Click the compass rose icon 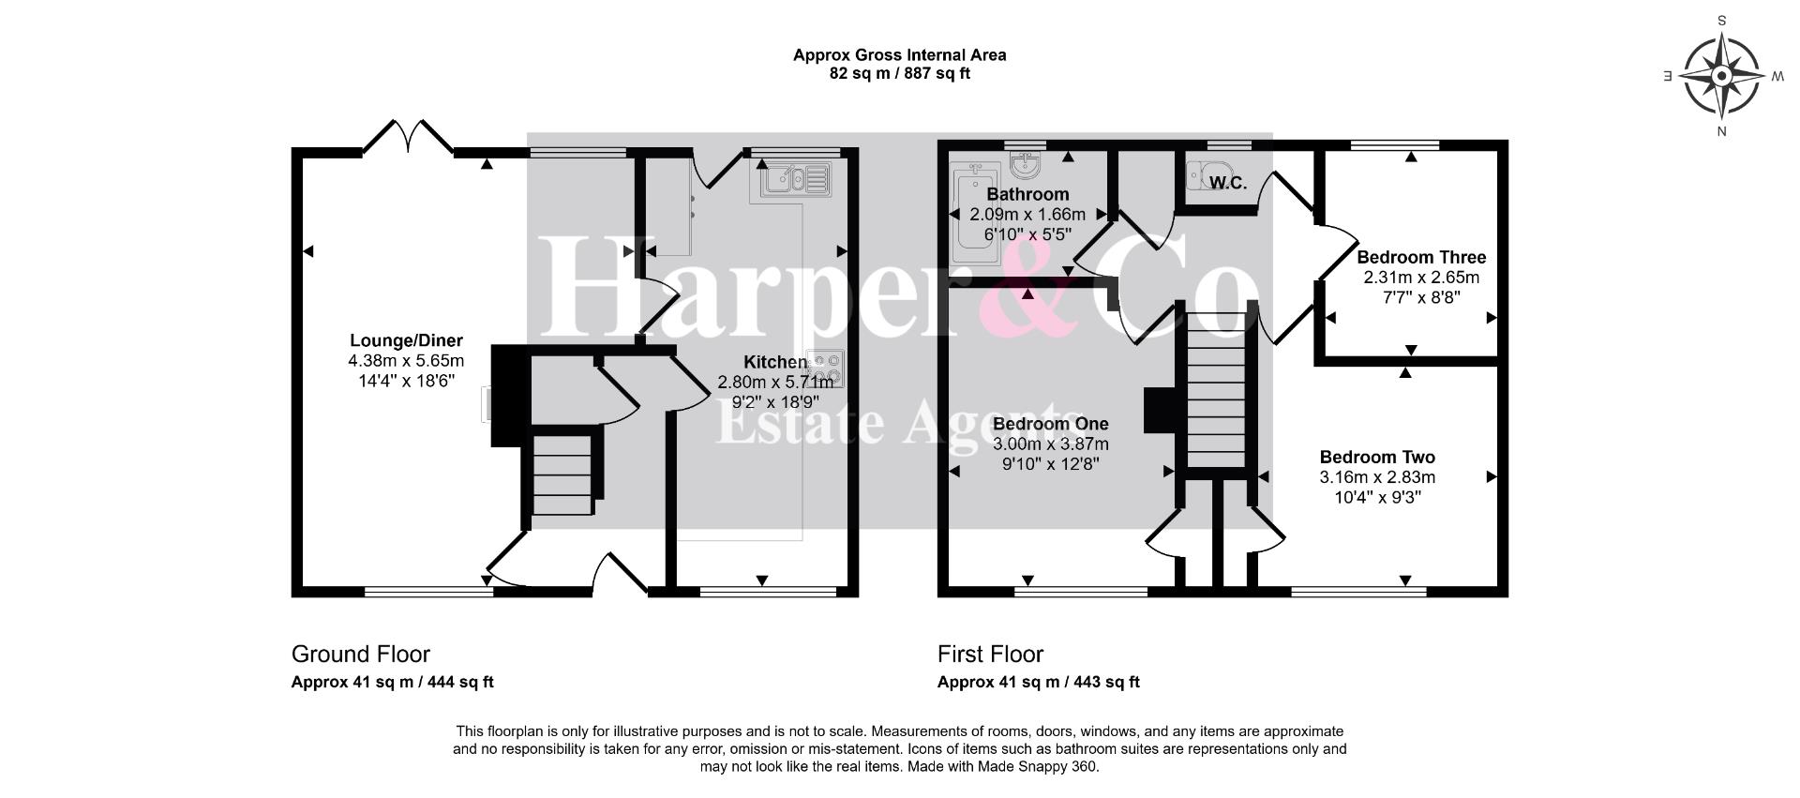coord(1722,75)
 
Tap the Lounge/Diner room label coord(406,341)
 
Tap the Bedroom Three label coord(1421,257)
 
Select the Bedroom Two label coord(1377,458)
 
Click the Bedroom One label coord(1050,424)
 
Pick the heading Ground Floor coord(361,654)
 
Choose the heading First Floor coord(990,654)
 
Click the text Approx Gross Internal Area coord(900,54)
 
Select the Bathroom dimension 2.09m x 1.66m coord(1027,215)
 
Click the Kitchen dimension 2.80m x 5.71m coord(775,382)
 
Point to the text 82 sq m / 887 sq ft coord(900,73)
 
